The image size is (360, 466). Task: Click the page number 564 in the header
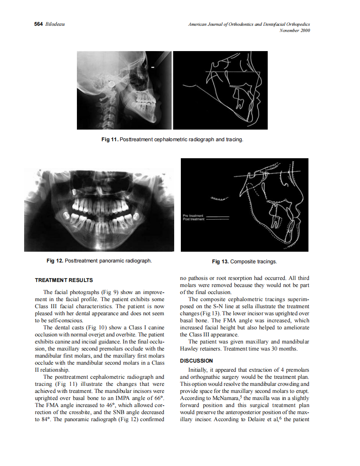pos(38,25)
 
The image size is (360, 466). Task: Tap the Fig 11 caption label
pos(110,140)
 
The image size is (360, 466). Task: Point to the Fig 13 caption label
pos(220,262)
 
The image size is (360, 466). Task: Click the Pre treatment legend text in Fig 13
pos(192,216)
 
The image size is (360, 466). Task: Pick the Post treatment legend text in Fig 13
pos(193,219)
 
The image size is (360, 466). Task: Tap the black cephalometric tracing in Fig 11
pos(220,90)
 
